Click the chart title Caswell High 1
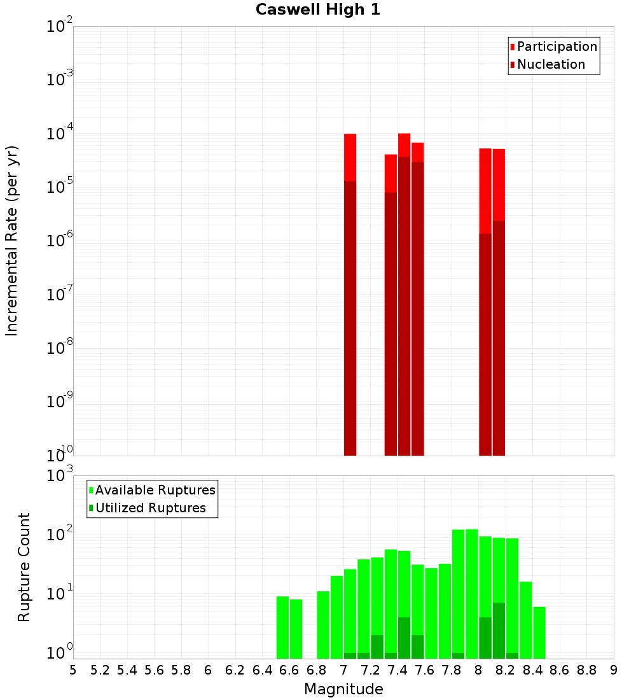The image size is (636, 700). coord(318,10)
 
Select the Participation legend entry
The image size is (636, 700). coord(557,46)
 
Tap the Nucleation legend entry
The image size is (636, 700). coord(551,64)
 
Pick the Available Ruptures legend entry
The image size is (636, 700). coord(155,490)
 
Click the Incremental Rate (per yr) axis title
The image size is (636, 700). coord(12,241)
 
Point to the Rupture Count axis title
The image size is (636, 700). coord(24,567)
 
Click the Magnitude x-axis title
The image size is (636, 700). coord(343,689)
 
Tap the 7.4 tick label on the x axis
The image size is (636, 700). coord(397,670)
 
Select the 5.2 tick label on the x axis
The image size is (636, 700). coord(100,670)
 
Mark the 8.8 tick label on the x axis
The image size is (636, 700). coord(586,670)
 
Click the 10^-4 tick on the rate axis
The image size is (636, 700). coord(59,134)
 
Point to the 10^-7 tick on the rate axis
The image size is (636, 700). coord(59,295)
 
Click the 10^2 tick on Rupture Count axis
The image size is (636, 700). coord(59,533)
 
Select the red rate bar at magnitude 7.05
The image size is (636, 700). coord(350,293)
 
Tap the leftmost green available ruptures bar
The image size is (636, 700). coord(282,627)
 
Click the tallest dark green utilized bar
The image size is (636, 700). coord(499,630)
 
